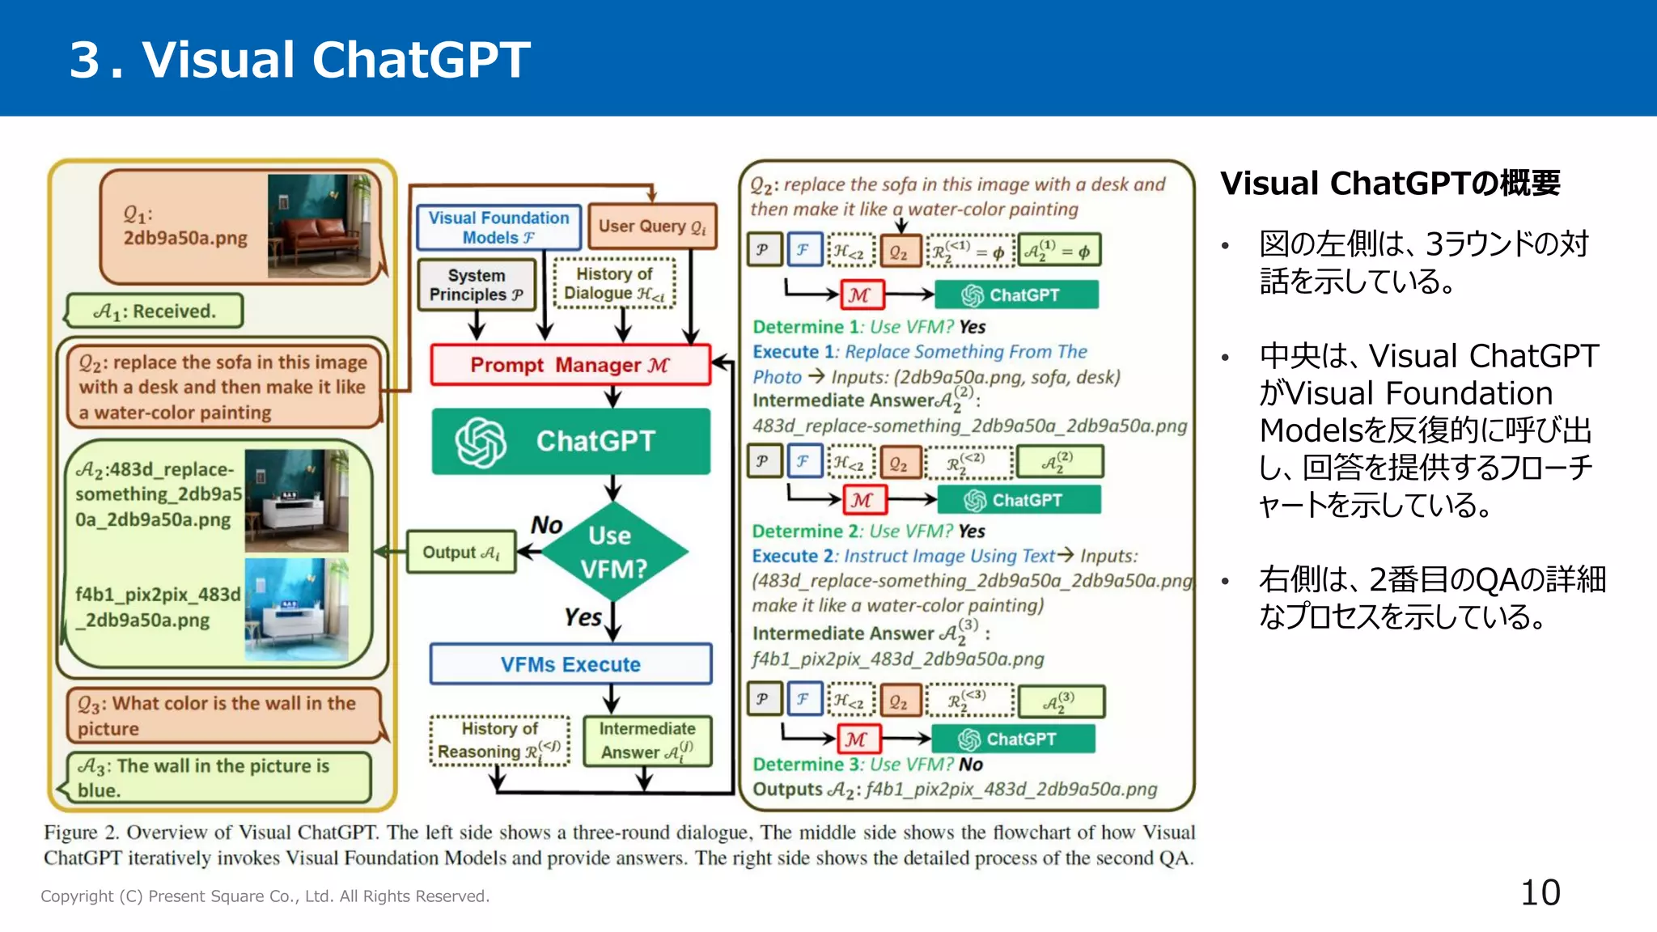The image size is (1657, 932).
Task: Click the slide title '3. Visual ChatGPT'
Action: coord(299,60)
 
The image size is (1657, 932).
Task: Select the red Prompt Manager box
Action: coord(570,365)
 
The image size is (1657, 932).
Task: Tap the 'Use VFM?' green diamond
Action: coord(614,552)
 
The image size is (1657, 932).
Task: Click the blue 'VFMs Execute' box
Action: coord(570,664)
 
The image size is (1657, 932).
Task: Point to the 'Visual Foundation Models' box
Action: coord(498,227)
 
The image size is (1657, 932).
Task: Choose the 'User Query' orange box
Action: coord(652,227)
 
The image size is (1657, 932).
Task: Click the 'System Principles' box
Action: coord(477,285)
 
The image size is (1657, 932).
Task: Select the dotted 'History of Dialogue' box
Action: coord(614,284)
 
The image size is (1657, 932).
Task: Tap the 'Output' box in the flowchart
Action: coord(461,553)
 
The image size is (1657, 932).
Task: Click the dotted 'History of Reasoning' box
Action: coord(499,740)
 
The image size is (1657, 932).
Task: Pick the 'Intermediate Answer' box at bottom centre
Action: coord(647,740)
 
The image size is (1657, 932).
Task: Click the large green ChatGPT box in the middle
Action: coord(570,442)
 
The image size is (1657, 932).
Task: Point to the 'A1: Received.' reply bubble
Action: coord(155,311)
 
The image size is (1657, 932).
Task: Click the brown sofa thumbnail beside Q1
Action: coord(319,227)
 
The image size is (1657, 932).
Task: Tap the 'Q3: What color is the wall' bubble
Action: coord(222,715)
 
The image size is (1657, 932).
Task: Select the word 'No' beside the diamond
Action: coord(546,525)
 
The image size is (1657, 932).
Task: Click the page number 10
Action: coord(1540,893)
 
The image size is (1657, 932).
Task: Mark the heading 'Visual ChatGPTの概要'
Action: coord(1390,184)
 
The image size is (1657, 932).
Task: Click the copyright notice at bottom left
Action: coord(265,896)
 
